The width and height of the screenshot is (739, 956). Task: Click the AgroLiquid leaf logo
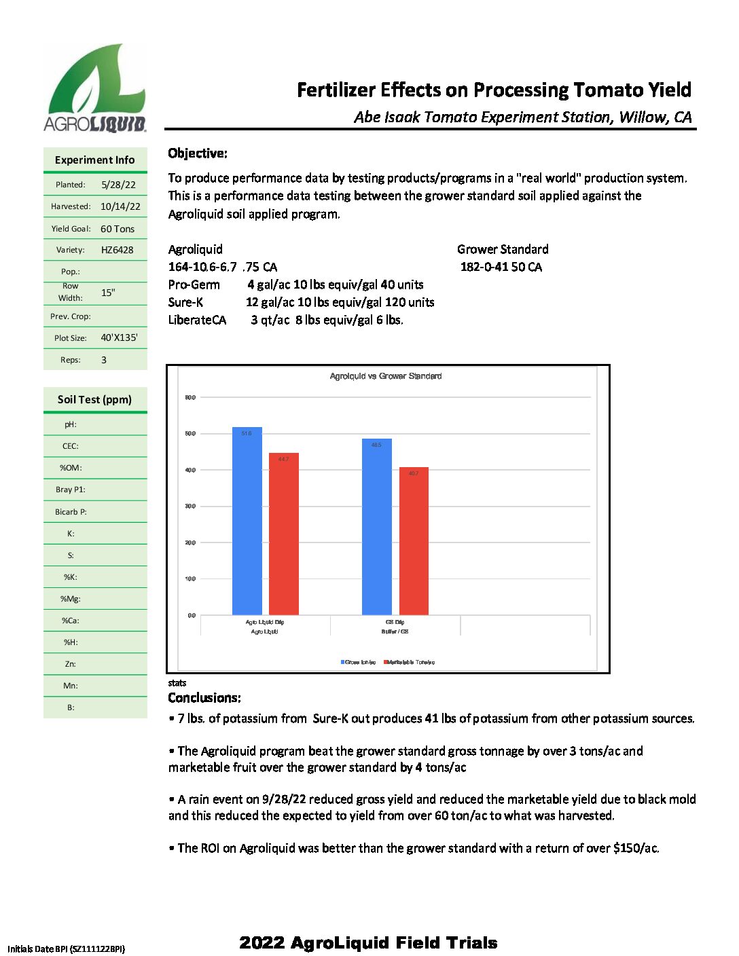coord(95,87)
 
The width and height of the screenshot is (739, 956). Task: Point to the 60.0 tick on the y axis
coord(190,397)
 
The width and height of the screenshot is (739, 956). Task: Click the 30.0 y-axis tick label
coord(190,507)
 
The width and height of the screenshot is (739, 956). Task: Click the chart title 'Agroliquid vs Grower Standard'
coord(385,376)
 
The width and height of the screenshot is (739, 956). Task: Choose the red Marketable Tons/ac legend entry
coord(410,662)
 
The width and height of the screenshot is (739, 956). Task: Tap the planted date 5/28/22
coord(118,185)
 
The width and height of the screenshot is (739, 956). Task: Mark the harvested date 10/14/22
coord(120,206)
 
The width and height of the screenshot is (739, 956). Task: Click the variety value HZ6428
coord(117,250)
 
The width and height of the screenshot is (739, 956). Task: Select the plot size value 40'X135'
coord(119,337)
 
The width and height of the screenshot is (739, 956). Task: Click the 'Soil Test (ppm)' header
coord(94,399)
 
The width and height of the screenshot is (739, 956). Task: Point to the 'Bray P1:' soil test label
coord(71,490)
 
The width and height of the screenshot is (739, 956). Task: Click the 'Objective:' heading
coord(198,153)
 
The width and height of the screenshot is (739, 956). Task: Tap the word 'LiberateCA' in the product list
coord(197,320)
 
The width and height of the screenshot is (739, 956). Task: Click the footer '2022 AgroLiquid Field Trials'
coord(368,942)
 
